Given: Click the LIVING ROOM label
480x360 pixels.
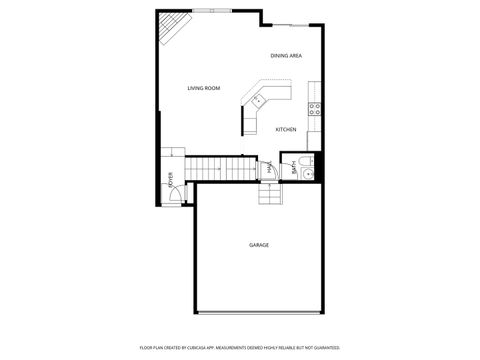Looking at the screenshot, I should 203,88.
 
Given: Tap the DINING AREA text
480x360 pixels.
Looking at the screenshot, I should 286,56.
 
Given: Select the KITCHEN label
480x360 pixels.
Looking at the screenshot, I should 286,129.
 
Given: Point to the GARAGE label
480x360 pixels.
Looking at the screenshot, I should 259,245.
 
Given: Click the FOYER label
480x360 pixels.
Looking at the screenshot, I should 171,181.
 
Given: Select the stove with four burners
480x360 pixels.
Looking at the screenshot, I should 315,108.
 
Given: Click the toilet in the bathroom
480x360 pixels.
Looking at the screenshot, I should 307,161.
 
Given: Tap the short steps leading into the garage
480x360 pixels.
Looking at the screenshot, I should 270,195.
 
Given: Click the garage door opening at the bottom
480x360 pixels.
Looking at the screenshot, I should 259,313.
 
